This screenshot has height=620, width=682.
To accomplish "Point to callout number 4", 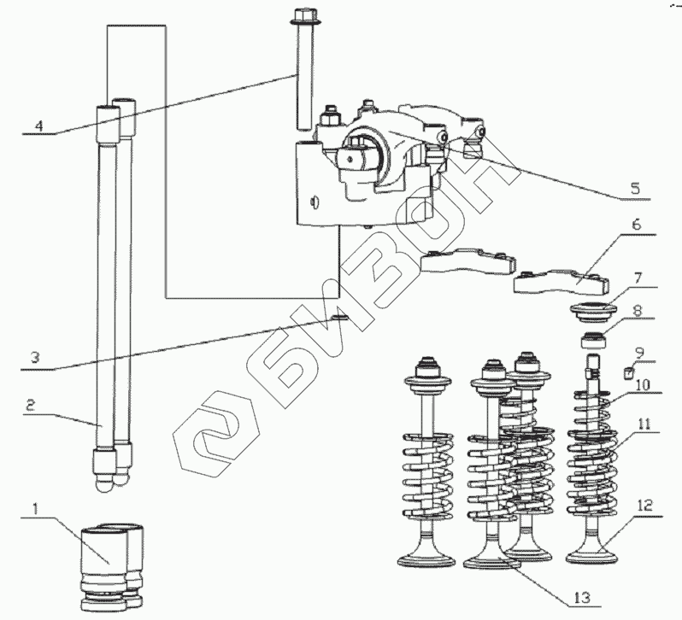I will pyautogui.click(x=37, y=125).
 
